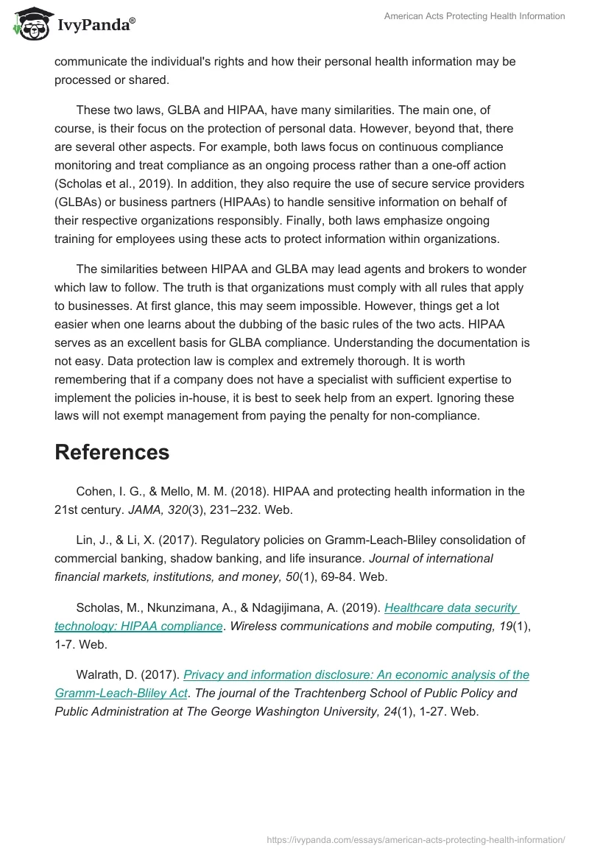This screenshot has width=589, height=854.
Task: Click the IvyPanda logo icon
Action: pyautogui.click(x=29, y=24)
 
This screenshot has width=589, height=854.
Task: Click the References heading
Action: pyautogui.click(x=112, y=452)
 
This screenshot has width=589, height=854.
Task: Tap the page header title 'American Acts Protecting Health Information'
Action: pyautogui.click(x=474, y=16)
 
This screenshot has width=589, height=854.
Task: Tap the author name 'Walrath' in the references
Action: pyautogui.click(x=99, y=674)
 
